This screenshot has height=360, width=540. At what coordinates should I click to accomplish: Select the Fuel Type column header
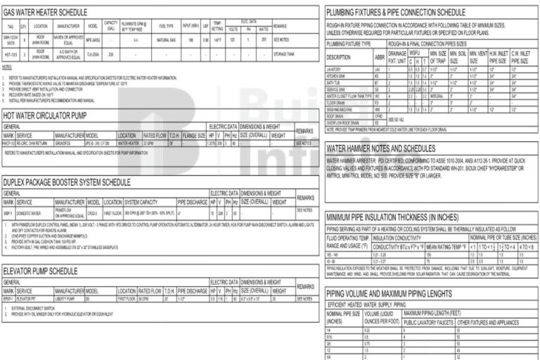click(166, 26)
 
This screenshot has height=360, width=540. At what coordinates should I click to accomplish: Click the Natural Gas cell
click(166, 40)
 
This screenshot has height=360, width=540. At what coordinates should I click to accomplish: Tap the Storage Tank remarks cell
click(285, 53)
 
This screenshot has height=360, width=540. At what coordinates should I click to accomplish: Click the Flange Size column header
click(193, 134)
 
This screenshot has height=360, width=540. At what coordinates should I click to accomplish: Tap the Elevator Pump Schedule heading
click(40, 270)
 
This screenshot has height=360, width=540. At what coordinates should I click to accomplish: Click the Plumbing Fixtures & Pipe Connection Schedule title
click(396, 12)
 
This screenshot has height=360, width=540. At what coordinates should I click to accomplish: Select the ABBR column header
click(380, 57)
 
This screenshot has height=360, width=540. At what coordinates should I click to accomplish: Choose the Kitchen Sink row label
click(337, 75)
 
